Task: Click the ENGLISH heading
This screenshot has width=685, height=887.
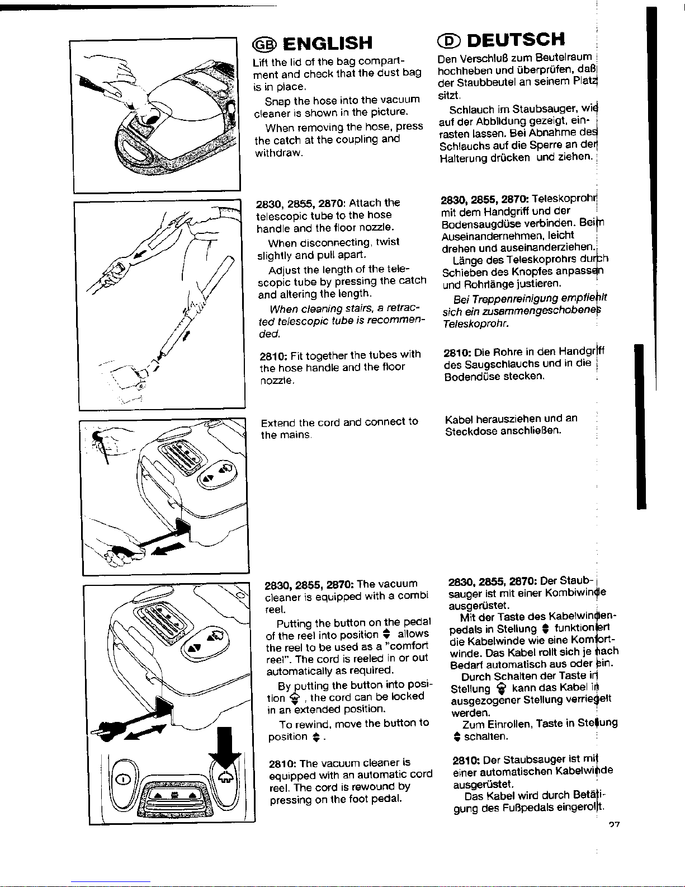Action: pyautogui.click(x=327, y=43)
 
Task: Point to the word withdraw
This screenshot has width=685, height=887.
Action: pyautogui.click(x=278, y=153)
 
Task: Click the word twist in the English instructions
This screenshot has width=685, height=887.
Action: pyautogui.click(x=389, y=243)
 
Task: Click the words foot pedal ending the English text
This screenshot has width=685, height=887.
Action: pyautogui.click(x=379, y=799)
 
